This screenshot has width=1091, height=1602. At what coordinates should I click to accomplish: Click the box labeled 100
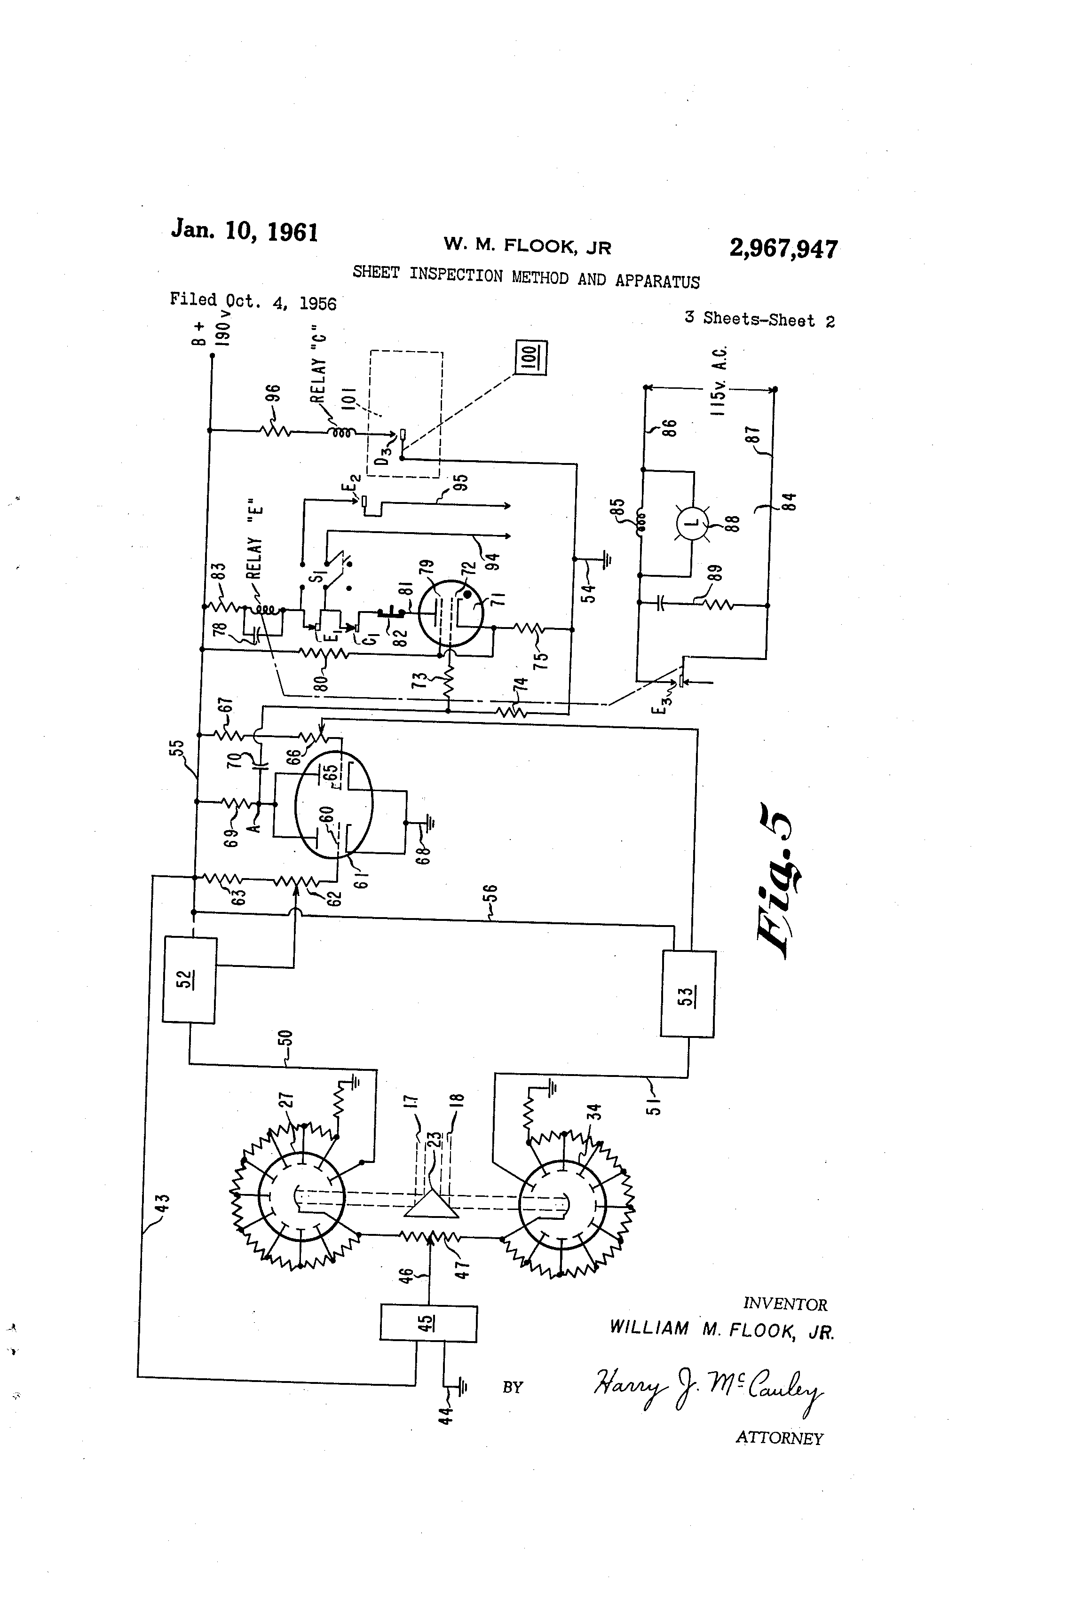click(x=531, y=358)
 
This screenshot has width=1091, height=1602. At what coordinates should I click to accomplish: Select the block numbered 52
click(x=190, y=980)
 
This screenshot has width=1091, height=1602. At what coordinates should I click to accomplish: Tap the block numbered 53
click(x=688, y=993)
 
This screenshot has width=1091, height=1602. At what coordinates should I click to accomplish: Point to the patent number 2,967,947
click(x=783, y=248)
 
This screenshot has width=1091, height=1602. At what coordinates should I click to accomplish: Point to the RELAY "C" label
click(x=317, y=363)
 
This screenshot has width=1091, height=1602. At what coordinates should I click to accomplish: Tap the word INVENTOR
click(x=785, y=1304)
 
